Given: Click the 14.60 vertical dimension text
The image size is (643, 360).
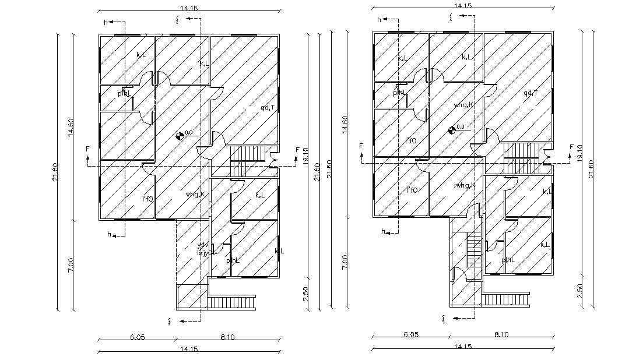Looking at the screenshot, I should [x=71, y=128].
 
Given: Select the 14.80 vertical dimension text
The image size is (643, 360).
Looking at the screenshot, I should [x=345, y=128].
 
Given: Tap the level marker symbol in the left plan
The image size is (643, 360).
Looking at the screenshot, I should [x=180, y=137].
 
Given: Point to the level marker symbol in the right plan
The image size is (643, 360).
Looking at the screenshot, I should [x=452, y=130].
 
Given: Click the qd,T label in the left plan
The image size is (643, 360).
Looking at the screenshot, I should [x=268, y=107].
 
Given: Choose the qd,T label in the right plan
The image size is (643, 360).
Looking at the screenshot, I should [x=530, y=93].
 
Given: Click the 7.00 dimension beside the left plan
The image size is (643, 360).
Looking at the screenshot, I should [x=71, y=264].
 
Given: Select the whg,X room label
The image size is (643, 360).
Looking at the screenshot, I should [x=195, y=194].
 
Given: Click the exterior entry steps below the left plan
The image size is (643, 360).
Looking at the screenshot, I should [x=232, y=302].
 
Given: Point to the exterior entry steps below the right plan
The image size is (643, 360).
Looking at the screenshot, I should [x=505, y=299].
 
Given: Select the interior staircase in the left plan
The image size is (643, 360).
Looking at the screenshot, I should [x=248, y=155].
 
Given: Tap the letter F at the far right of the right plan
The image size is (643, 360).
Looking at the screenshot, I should [x=571, y=147].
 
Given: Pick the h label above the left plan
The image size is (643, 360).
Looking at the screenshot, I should [x=106, y=23].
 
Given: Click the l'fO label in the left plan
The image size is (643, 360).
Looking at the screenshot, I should [x=147, y=199].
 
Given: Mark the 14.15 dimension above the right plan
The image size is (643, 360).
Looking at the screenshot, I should [x=462, y=5].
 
